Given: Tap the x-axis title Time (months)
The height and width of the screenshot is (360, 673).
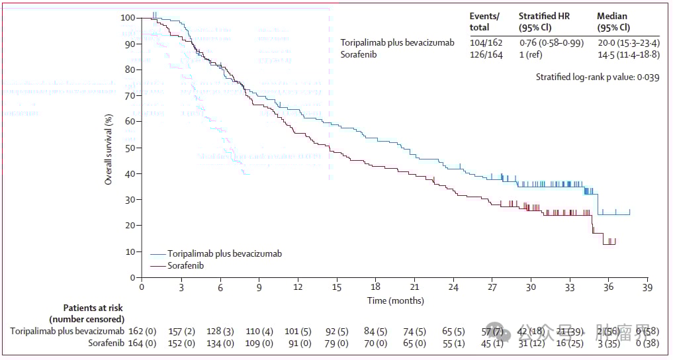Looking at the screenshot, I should tap(396, 300).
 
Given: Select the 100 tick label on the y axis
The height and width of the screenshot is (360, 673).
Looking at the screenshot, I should tap(128, 18).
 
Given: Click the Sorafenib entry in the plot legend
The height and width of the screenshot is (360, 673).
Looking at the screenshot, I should tap(185, 265).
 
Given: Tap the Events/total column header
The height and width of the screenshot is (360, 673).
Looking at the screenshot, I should tap(484, 22).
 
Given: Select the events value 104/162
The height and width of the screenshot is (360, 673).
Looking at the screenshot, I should tap(486, 42).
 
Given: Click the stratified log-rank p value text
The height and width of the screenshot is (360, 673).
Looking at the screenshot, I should tap(598, 77).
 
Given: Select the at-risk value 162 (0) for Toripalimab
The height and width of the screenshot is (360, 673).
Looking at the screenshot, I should tap(142, 330).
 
